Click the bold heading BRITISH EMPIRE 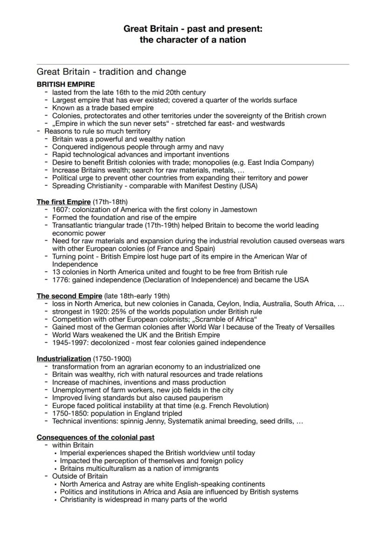(x=66, y=84)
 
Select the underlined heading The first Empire (x=64, y=202)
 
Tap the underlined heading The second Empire (x=69, y=296)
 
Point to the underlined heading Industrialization (x=64, y=359)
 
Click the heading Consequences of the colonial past (x=96, y=437)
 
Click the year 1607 (x=61, y=210)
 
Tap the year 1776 (x=61, y=280)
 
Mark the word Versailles (x=318, y=327)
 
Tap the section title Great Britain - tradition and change (x=111, y=72)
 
